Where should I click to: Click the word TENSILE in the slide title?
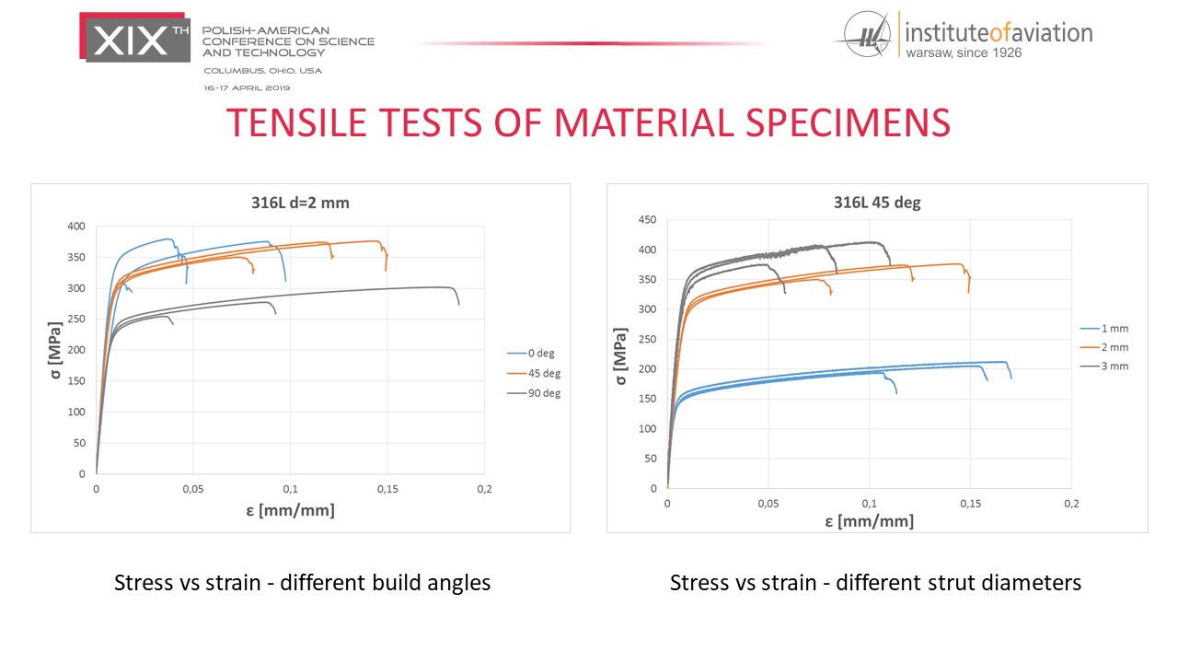pyautogui.click(x=307, y=123)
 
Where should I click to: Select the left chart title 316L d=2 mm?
pyautogui.click(x=300, y=203)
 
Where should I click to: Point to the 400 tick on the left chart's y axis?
pyautogui.click(x=76, y=227)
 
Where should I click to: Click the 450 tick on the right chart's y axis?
pyautogui.click(x=648, y=220)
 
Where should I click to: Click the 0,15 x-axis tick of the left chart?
pyautogui.click(x=387, y=489)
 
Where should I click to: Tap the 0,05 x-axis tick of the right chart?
pyautogui.click(x=768, y=505)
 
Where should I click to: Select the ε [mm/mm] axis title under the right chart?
pyautogui.click(x=869, y=522)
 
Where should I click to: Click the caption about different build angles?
pyautogui.click(x=302, y=583)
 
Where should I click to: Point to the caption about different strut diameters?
pyautogui.click(x=875, y=583)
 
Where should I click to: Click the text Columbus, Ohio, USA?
pyautogui.click(x=263, y=70)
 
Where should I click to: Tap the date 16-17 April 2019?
pyautogui.click(x=247, y=87)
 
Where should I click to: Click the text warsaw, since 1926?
pyautogui.click(x=964, y=52)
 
